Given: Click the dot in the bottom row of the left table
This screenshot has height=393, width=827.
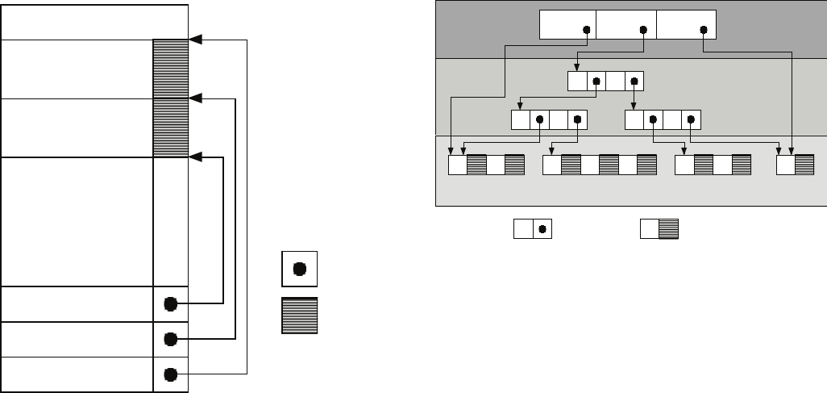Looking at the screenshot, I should point(170,374).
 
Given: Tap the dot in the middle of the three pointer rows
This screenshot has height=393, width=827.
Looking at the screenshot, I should point(170,339).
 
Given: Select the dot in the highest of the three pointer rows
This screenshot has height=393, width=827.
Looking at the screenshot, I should point(170,304).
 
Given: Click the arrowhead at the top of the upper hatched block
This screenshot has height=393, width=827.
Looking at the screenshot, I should point(194,39).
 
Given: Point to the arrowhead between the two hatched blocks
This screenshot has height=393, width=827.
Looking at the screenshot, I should point(194,98).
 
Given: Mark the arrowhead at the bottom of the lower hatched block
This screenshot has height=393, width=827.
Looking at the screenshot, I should point(194,158).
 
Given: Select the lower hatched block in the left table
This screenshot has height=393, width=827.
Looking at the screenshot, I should point(170,128).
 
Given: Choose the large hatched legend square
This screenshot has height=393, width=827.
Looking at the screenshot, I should point(299,316).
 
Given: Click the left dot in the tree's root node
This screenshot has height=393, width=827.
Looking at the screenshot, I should point(587,31).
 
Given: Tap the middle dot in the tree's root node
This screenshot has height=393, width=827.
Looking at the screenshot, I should point(643,31).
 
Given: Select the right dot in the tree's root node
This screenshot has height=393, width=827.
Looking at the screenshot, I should point(704,31).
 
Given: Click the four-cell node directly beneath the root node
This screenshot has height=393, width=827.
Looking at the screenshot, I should point(605,82).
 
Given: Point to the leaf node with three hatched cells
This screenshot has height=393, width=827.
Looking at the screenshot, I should point(600,165).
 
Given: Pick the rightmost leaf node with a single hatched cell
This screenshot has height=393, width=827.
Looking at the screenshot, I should point(795,165).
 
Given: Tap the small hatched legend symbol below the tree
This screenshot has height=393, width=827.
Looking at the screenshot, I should point(659,229).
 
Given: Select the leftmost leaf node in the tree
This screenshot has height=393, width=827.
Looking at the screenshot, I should point(486,165).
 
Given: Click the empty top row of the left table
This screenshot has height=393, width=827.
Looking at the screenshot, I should point(94,21).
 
